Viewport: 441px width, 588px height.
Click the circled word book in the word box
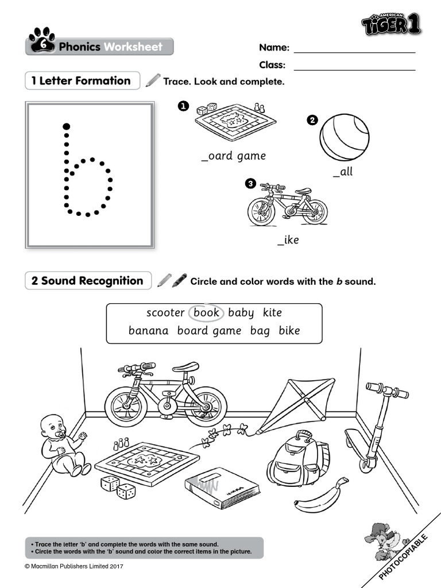207,312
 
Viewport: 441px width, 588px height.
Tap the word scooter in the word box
165,312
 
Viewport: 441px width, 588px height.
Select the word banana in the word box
149,331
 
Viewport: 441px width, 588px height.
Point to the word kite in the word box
272,312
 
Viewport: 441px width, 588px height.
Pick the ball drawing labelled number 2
345,136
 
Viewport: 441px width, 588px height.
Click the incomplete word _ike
288,239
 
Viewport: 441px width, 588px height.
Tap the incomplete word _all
343,172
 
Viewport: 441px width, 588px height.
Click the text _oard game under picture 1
234,156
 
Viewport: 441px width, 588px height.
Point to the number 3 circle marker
250,183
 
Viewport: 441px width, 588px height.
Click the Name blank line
354,52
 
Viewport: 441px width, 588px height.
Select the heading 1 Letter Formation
82,81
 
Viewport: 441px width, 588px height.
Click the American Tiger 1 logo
399,24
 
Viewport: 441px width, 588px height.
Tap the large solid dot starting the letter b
67,126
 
